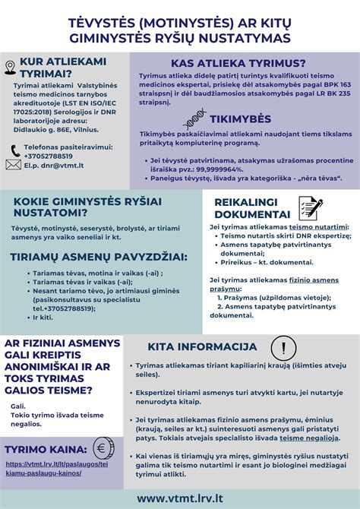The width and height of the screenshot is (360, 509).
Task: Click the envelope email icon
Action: pyautogui.click(x=13, y=163)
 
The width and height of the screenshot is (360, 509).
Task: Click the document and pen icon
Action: pyautogui.click(x=311, y=207)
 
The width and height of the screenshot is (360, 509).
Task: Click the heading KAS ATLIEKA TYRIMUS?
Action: pyautogui.click(x=238, y=63)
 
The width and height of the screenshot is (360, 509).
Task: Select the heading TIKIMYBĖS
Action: pyautogui.click(x=238, y=121)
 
